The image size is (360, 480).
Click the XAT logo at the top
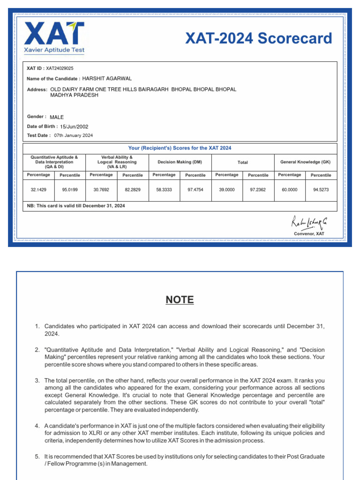(x=54, y=36)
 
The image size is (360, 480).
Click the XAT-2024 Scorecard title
(x=258, y=38)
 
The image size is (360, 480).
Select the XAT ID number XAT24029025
(x=60, y=68)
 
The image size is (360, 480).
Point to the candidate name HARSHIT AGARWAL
(x=107, y=78)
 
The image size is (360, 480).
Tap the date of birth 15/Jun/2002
(x=74, y=127)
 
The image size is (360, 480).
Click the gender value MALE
(x=57, y=117)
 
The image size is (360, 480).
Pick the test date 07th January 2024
(x=73, y=135)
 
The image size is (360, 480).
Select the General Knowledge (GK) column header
(x=305, y=162)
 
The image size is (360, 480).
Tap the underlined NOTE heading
(x=180, y=300)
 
